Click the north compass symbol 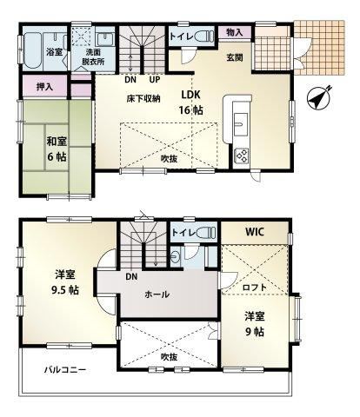coord(319,97)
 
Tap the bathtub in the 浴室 coord(32,50)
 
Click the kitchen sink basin coord(240,124)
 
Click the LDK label coord(191,95)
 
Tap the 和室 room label coord(57,142)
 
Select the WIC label coord(255,232)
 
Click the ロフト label coord(254,288)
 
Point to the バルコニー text coord(65,370)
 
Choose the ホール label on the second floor coord(157,295)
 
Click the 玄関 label coord(235,57)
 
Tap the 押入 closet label coord(44,87)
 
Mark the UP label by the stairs coord(155,79)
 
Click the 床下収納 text coord(143,99)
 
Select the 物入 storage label coord(235,32)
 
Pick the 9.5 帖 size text coord(65,290)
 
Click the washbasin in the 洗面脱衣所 coord(105,39)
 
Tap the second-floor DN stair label coord(131,276)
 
